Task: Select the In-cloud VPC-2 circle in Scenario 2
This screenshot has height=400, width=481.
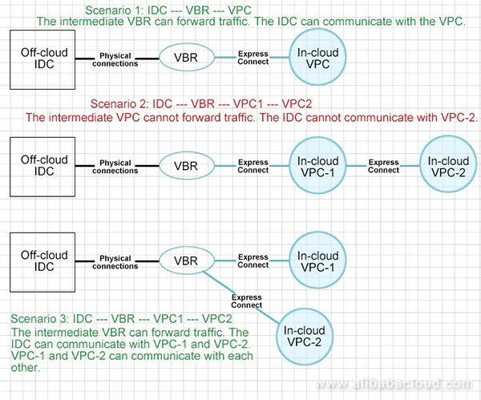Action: coord(448,166)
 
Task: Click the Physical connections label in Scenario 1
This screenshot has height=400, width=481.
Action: coord(115,59)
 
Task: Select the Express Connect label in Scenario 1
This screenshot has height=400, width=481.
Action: coord(253,58)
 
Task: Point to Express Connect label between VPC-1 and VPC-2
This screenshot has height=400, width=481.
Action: coord(384,166)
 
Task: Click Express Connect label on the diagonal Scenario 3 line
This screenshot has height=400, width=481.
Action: coord(246,301)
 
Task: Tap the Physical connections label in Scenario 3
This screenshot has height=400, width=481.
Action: coord(115,262)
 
